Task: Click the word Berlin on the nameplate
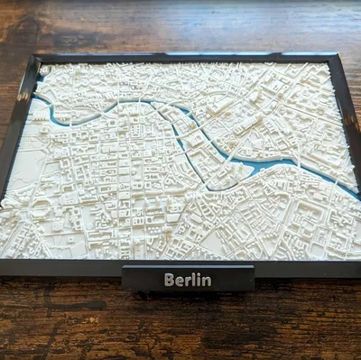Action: point(188,280)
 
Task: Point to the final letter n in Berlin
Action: point(207,280)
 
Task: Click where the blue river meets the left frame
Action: point(37,98)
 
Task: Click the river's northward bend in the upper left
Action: point(117,107)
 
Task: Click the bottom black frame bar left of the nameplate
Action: point(63,267)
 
